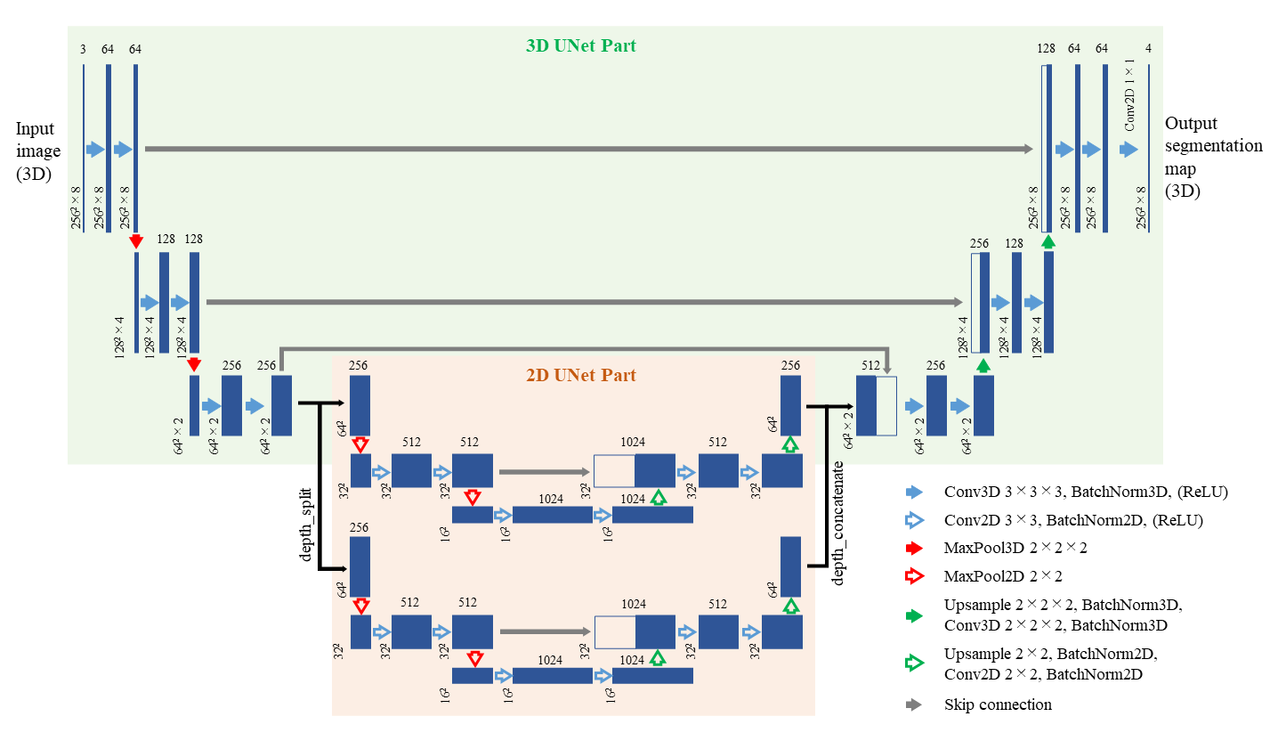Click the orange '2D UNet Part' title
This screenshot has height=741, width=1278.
tap(588, 375)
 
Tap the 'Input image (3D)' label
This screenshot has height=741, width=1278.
tap(38, 151)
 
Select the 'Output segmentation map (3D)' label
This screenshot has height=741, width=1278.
tap(1213, 157)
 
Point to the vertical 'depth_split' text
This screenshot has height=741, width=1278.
tap(307, 526)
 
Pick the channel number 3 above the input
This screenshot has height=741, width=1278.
tap(83, 49)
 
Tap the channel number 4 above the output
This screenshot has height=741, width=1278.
tap(1149, 49)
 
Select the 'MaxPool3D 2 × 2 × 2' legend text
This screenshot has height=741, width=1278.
tap(1015, 549)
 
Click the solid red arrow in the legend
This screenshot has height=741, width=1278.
tap(914, 549)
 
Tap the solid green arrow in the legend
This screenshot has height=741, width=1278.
tap(914, 615)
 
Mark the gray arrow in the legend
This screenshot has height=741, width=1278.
tap(914, 704)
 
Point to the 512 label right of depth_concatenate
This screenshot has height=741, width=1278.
tap(870, 365)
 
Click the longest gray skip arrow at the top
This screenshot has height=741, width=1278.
tap(588, 149)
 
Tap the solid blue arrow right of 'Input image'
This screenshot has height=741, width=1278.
tap(95, 150)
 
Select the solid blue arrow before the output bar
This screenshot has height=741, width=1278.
tap(1128, 150)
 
